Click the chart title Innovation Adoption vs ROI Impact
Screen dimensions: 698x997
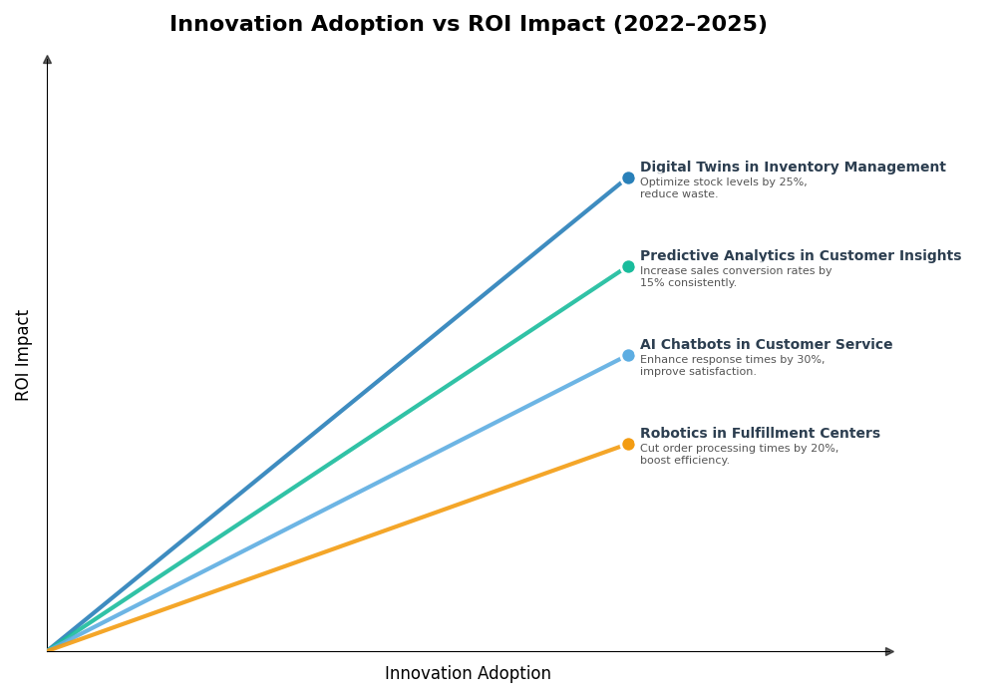pos(468,25)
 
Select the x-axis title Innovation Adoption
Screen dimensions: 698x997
pos(468,674)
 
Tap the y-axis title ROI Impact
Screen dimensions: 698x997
pos(23,355)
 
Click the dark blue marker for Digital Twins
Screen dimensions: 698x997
pos(628,178)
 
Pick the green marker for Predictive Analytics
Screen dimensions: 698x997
pos(628,267)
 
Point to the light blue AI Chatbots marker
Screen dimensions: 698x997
pos(628,356)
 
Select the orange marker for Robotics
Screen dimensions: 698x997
pos(628,445)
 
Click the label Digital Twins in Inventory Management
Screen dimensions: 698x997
pos(793,168)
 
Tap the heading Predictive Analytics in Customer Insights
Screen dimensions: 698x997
pos(801,256)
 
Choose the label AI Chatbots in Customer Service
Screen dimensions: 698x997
pos(766,345)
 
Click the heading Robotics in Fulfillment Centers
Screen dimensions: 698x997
pos(760,434)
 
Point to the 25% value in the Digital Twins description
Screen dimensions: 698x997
pos(795,182)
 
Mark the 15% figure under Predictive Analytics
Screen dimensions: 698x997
pos(650,283)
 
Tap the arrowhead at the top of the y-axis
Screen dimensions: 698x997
pos(47,60)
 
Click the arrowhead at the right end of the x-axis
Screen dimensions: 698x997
pos(889,652)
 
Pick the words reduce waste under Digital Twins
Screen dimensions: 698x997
pos(678,194)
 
